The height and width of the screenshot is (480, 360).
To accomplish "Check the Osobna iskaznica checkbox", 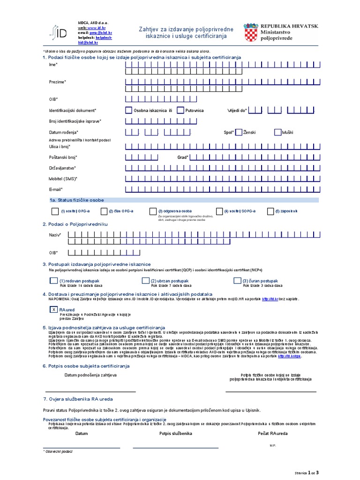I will point(128,111).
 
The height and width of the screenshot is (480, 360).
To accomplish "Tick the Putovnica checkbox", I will point(180,111).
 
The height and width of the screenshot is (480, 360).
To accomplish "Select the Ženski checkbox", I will point(239,132).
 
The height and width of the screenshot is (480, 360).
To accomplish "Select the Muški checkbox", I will point(277,132).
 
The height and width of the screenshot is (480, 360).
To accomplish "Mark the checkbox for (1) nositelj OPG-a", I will point(55,211).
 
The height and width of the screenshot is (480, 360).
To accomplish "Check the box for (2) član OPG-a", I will point(105,211).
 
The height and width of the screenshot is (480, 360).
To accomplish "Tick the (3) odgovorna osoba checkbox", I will point(153,211).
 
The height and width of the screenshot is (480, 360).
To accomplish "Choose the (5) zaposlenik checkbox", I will point(270,211).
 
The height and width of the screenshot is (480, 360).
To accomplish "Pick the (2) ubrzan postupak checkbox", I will point(145,281).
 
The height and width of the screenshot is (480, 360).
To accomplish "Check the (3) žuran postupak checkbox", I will point(237,281).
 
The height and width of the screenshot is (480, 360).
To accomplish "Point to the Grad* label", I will point(183,157).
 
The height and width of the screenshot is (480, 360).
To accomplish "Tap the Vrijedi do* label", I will point(237,111).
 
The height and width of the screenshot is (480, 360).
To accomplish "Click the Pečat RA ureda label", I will point(273,434).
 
